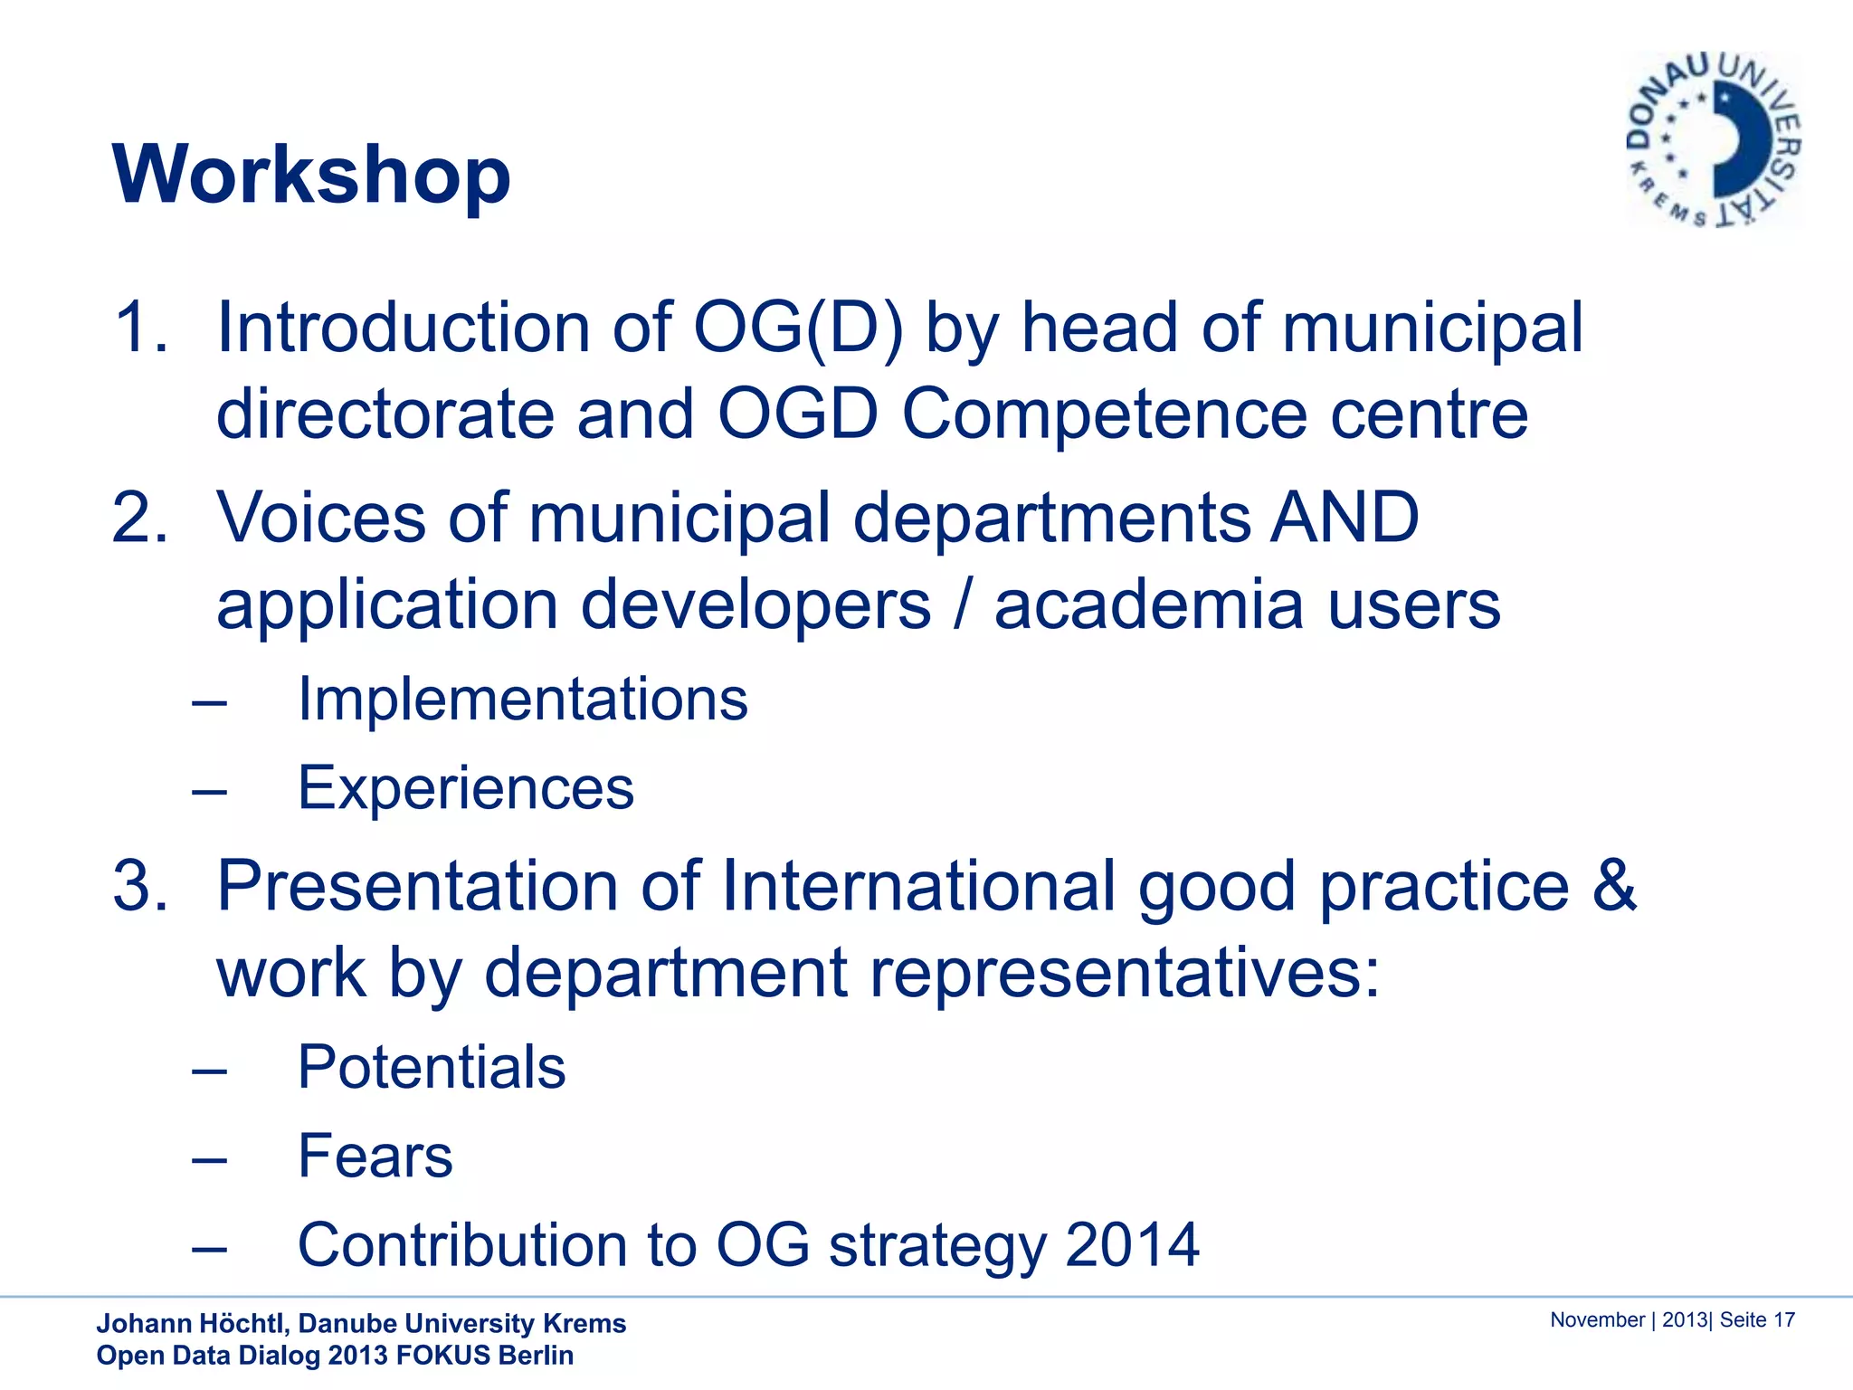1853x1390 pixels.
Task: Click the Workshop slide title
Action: point(311,174)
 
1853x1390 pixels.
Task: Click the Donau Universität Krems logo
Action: point(1713,139)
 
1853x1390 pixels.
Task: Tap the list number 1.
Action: point(140,327)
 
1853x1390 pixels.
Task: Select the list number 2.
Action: point(140,518)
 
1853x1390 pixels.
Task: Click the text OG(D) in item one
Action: point(798,327)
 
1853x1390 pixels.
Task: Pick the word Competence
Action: point(1104,414)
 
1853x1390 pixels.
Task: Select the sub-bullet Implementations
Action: point(523,700)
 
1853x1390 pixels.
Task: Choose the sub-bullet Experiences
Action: point(466,788)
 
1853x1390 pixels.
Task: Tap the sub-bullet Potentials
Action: point(432,1067)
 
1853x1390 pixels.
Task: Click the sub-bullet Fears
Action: point(375,1157)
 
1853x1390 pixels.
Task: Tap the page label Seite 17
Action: point(1756,1320)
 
